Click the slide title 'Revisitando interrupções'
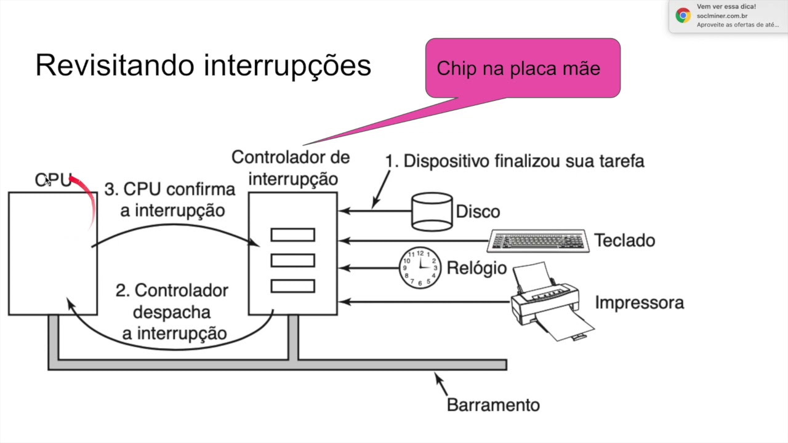tap(203, 65)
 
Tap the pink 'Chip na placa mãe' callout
tap(522, 68)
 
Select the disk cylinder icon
tap(433, 212)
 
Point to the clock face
tap(420, 268)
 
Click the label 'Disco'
tap(478, 212)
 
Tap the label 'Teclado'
tap(624, 241)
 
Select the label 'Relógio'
tap(476, 268)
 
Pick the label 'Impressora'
tap(639, 303)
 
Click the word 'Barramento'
tap(493, 405)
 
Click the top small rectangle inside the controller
tap(292, 235)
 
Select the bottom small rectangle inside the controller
tap(292, 286)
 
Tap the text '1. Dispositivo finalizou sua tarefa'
tap(515, 161)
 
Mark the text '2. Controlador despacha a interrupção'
tap(172, 311)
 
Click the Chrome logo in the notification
tap(683, 15)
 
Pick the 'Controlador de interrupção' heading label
tap(291, 168)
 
